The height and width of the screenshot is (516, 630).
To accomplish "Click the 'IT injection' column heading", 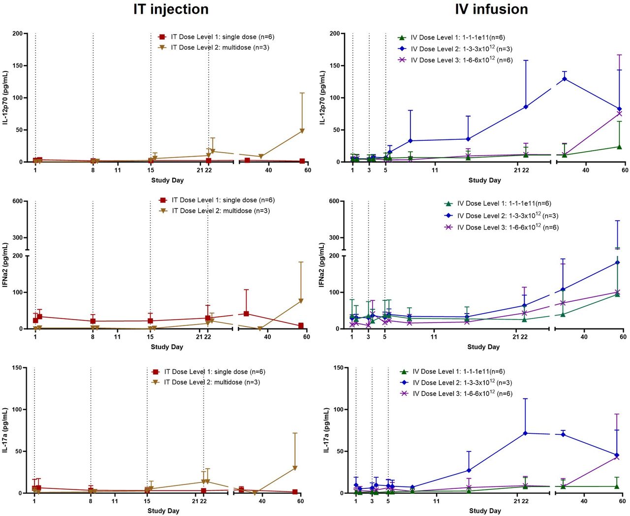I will (171, 9).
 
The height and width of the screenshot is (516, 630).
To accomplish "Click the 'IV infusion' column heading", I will (491, 9).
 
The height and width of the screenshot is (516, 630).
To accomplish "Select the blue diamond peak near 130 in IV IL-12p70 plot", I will (565, 79).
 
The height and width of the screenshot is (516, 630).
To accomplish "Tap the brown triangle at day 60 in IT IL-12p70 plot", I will (302, 131).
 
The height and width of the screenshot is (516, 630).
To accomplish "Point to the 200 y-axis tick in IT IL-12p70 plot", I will (17, 33).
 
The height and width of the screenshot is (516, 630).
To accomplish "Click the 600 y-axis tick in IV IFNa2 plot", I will (334, 201).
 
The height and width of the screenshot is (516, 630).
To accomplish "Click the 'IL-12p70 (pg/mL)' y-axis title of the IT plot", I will (5, 97).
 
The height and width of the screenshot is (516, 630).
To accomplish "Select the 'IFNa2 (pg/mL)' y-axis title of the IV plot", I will (322, 264).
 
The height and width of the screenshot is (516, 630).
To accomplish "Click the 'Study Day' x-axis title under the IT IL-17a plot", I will (163, 511).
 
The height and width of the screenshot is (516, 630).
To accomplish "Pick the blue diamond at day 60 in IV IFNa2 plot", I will (618, 262).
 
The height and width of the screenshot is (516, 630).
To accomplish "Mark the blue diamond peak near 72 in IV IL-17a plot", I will (525, 433).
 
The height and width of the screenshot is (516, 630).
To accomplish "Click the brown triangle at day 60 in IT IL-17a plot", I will (295, 468).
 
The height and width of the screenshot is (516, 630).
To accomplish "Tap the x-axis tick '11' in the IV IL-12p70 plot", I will (435, 170).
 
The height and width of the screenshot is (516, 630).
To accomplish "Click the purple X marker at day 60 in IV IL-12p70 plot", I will (619, 114).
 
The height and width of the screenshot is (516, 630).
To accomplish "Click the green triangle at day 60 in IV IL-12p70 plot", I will (619, 147).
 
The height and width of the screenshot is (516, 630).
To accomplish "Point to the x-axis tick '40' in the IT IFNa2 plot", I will (267, 337).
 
